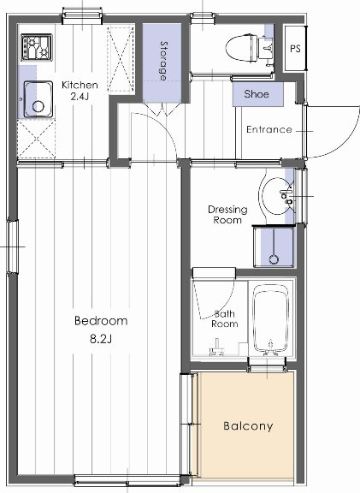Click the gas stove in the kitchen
tap(37, 48)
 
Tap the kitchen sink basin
tap(38, 99)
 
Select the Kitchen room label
tap(80, 85)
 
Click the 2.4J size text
tap(80, 96)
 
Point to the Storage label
tap(163, 61)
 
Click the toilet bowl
tap(242, 48)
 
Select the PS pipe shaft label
tap(295, 49)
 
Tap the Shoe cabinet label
tap(257, 93)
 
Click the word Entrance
tap(269, 129)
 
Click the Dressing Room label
tap(227, 215)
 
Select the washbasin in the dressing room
tap(276, 196)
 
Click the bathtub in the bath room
tap(270, 318)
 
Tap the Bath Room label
tap(224, 318)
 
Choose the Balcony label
tap(248, 426)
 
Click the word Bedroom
tap(101, 321)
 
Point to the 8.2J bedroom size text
tap(101, 339)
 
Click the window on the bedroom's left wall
tap(13, 246)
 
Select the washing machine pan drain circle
tap(274, 259)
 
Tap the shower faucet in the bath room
tap(216, 347)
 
